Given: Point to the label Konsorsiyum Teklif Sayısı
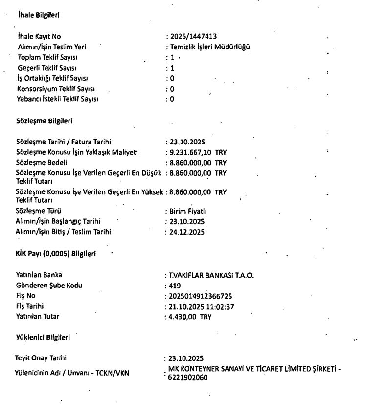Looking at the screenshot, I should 52,89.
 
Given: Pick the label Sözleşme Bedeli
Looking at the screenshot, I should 39,162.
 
